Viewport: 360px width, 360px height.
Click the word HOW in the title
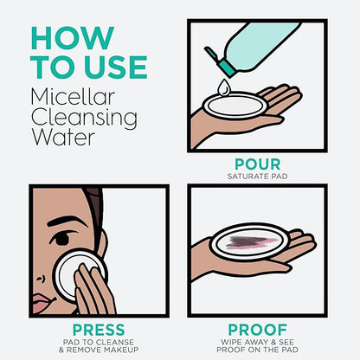pyautogui.click(x=72, y=38)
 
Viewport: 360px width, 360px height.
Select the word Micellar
pyautogui.click(x=73, y=97)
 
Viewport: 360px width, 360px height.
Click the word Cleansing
pyautogui.click(x=84, y=119)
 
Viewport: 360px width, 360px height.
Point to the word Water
pyautogui.click(x=63, y=137)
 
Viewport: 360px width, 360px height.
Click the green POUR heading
pyautogui.click(x=258, y=164)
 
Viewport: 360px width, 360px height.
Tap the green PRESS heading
pyautogui.click(x=99, y=330)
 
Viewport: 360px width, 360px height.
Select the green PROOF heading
pyautogui.click(x=258, y=330)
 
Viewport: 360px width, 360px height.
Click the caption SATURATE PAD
pyautogui.click(x=258, y=177)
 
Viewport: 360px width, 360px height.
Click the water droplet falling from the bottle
pyautogui.click(x=223, y=87)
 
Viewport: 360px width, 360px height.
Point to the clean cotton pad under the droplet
pyautogui.click(x=234, y=106)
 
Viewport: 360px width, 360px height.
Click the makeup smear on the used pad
pyautogui.click(x=250, y=242)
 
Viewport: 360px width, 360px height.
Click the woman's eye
pyautogui.click(x=61, y=239)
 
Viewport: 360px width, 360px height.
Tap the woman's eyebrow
pyautogui.click(x=66, y=222)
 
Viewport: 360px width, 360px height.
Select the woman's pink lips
pyautogui.click(x=43, y=304)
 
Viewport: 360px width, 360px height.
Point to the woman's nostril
pyautogui.click(x=41, y=279)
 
